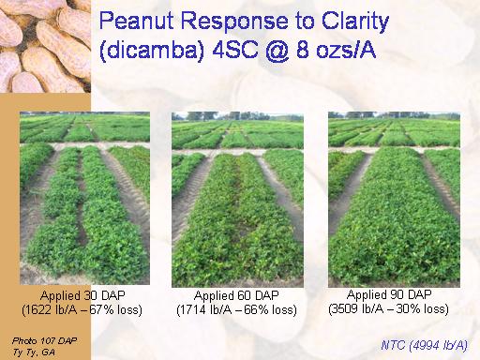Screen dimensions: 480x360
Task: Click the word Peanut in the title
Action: click(x=137, y=21)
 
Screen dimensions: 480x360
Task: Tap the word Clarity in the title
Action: click(x=355, y=22)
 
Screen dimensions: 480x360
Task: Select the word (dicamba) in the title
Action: click(x=152, y=50)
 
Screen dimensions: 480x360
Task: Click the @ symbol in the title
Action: click(x=277, y=50)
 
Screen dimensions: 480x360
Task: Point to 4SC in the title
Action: click(x=235, y=50)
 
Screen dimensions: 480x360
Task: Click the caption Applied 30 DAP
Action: click(x=82, y=295)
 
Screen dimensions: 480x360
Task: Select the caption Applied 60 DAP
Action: click(x=236, y=295)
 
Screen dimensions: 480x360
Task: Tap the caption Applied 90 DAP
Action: click(x=389, y=294)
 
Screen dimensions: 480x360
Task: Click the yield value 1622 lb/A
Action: click(x=52, y=310)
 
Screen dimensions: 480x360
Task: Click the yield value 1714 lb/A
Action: click(x=205, y=310)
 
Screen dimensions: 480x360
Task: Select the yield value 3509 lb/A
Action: click(x=358, y=309)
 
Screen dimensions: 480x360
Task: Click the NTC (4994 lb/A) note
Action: click(x=425, y=345)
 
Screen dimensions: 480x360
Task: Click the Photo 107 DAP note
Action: click(x=44, y=340)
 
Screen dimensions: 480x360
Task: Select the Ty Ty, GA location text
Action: click(x=34, y=352)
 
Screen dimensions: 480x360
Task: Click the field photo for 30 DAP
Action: click(x=84, y=198)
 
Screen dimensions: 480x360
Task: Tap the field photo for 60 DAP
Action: click(x=237, y=200)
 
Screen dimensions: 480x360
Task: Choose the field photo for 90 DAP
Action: click(x=394, y=200)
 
